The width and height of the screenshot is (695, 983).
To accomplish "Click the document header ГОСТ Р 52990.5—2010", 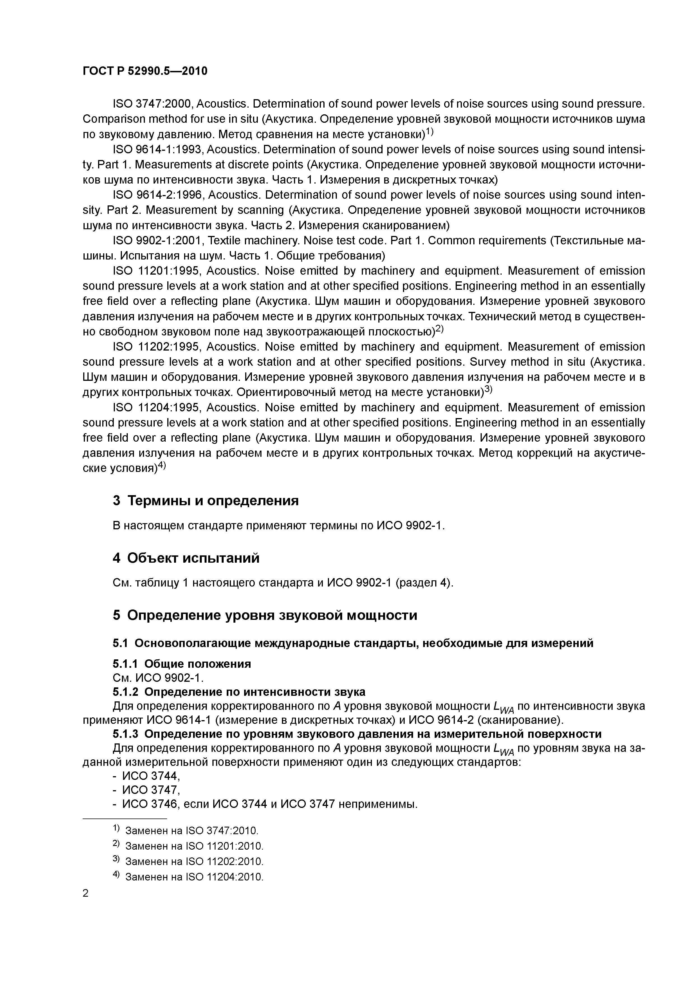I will tap(145, 71).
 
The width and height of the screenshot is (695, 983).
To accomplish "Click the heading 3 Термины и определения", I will tap(205, 500).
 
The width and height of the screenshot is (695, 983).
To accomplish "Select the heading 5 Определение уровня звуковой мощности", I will tap(265, 615).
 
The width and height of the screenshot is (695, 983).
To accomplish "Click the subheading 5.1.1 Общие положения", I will tap(182, 664).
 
